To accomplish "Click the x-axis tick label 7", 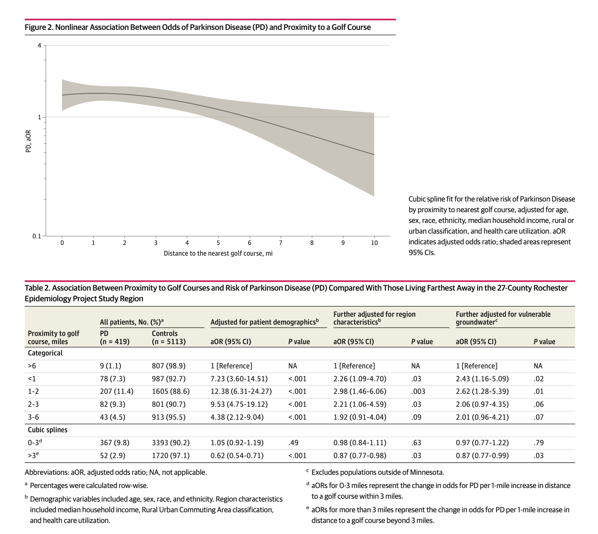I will (x=280, y=243).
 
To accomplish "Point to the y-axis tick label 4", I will (x=39, y=46).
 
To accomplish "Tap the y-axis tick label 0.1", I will (x=37, y=236).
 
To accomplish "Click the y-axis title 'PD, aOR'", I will (x=28, y=141).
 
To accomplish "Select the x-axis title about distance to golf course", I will (x=218, y=253).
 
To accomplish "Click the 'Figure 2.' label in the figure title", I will (x=39, y=27).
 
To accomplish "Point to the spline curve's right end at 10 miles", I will (x=374, y=155).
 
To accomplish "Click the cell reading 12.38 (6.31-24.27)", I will (x=241, y=391).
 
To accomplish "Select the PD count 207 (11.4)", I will (x=116, y=391).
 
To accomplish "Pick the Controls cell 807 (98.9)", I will (x=169, y=366).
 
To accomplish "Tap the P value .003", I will (x=418, y=391).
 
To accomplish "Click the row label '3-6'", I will (x=33, y=417).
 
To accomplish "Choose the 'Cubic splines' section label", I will (x=48, y=430).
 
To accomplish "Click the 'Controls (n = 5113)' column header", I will (x=169, y=338).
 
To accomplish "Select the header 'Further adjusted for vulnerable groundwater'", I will (x=503, y=318).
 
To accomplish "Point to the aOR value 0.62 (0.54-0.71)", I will (x=237, y=456).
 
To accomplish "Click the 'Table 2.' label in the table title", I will (x=37, y=288).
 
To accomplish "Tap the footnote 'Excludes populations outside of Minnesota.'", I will (x=377, y=472).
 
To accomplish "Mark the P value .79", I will (x=539, y=443).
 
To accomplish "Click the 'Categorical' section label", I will (x=45, y=353).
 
